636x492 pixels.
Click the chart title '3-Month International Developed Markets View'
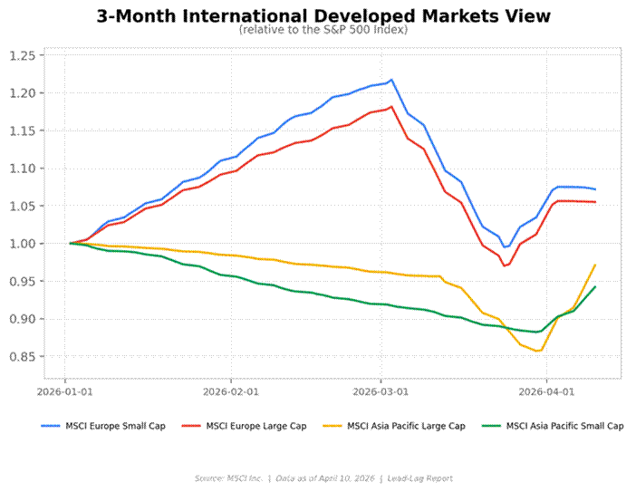click(x=323, y=16)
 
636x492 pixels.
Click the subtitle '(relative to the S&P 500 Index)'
click(x=323, y=30)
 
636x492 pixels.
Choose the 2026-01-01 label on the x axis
click(x=64, y=392)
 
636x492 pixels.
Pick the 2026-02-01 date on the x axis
click(x=230, y=392)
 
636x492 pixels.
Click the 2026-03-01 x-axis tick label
click(x=381, y=392)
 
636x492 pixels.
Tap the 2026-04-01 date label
click(x=546, y=392)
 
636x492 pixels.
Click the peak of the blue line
click(x=391, y=80)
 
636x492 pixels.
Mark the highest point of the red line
click(x=390, y=107)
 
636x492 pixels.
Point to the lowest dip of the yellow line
click(x=540, y=351)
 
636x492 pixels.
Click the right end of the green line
click(x=595, y=286)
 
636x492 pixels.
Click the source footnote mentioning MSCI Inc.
click(x=323, y=478)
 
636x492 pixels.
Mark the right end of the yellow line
click(x=595, y=265)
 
